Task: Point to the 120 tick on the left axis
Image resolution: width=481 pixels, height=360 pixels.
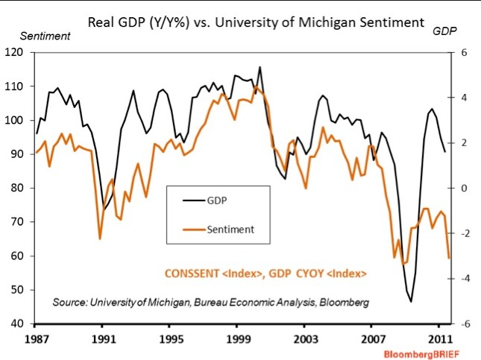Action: [17, 52]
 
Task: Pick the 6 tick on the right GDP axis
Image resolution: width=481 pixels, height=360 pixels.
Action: [463, 52]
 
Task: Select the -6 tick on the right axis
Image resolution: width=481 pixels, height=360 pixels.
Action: [462, 324]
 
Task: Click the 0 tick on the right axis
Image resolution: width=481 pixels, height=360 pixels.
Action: [463, 188]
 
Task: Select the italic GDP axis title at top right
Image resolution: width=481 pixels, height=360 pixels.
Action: [445, 34]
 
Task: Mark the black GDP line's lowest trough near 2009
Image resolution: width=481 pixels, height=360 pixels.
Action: [411, 301]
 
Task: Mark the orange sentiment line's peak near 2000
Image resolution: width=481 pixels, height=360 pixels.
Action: [256, 86]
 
